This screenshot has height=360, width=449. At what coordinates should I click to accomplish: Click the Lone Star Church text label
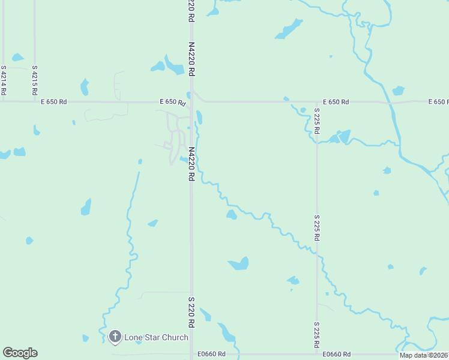point(156,337)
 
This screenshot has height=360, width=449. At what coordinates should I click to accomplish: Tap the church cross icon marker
point(115,337)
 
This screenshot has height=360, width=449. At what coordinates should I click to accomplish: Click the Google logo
point(20,353)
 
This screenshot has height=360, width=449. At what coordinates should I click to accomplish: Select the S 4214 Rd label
point(4,80)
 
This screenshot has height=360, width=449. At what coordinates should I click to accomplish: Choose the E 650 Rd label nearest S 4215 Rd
point(54,102)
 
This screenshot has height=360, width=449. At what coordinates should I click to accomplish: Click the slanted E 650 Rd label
point(173,103)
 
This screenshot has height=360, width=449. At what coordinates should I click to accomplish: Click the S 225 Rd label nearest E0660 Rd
point(317,335)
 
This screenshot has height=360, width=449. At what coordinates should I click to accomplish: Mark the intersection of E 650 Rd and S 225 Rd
point(317,102)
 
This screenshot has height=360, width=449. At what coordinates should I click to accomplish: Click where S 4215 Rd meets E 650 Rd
point(35,102)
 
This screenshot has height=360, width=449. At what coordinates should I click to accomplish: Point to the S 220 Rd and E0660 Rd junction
point(191,355)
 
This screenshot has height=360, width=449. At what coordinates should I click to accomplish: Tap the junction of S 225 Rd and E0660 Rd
point(317,355)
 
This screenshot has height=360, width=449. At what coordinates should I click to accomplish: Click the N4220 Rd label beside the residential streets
point(191,164)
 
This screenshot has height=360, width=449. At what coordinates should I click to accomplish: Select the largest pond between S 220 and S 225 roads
point(239,263)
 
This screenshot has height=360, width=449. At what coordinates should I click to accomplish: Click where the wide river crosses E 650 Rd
point(391,103)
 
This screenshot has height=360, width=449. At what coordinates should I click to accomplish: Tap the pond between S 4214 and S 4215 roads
point(17,58)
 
